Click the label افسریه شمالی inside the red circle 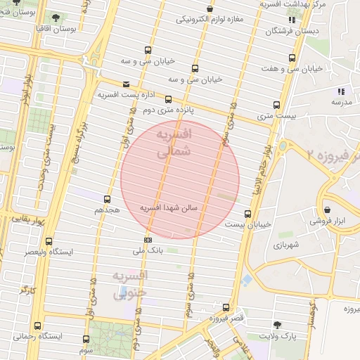pos(172,143)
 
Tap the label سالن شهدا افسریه pos(171,208)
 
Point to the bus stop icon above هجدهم pos(107,199)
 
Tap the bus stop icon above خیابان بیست pos(247,214)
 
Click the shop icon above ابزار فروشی pos(328,209)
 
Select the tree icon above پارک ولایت pos(278,325)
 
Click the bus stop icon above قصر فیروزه pos(226,307)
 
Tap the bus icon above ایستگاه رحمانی pos(37,326)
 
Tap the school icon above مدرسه pos(341,91)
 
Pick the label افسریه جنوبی pos(129,283)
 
